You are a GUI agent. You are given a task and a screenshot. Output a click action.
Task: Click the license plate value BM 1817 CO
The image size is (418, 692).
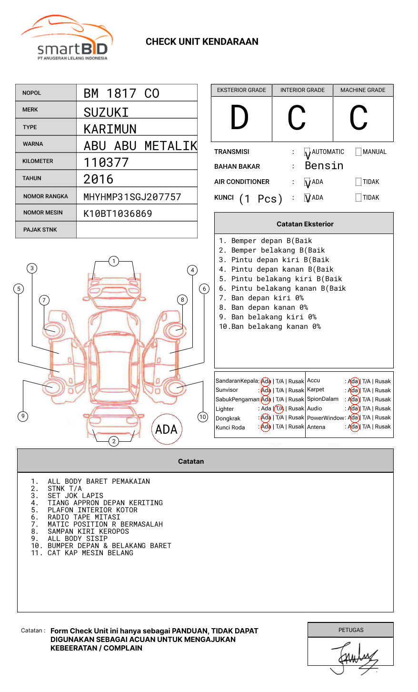(121, 93)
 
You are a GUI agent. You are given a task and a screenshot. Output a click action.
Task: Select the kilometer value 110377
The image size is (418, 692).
(106, 163)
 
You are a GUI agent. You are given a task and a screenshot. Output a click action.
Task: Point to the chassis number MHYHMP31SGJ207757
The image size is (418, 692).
(132, 197)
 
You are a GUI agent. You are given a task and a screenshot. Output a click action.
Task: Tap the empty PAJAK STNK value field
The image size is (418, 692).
(137, 230)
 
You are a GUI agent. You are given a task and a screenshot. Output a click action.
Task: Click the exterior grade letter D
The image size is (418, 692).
(239, 118)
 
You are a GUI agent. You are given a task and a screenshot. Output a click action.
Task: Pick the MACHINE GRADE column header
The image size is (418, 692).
(363, 90)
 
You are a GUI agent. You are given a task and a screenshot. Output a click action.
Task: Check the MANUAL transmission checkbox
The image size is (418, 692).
(358, 152)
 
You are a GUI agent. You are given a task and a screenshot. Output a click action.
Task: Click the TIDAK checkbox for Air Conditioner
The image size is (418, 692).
(358, 182)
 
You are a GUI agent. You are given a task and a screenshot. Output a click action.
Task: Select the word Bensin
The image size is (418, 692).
(324, 166)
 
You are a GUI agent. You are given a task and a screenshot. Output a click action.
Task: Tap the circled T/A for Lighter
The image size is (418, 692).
(279, 408)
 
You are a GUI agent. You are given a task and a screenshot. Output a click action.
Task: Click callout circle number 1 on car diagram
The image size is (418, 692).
(113, 261)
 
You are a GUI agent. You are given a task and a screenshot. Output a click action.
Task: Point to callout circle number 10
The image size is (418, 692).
(203, 417)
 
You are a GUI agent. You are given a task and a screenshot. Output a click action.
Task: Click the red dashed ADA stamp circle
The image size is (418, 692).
(166, 429)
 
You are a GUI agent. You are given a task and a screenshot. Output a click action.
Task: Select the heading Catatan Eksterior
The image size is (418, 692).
(305, 224)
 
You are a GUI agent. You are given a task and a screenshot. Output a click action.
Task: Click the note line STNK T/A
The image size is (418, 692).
(65, 488)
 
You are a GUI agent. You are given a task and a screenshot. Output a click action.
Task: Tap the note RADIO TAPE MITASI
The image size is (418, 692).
(84, 517)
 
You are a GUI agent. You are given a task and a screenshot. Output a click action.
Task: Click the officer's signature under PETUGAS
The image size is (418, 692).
(354, 658)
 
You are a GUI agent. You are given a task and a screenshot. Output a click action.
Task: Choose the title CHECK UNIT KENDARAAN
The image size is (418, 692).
(202, 42)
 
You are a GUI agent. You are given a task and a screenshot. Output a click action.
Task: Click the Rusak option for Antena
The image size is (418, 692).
(383, 427)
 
